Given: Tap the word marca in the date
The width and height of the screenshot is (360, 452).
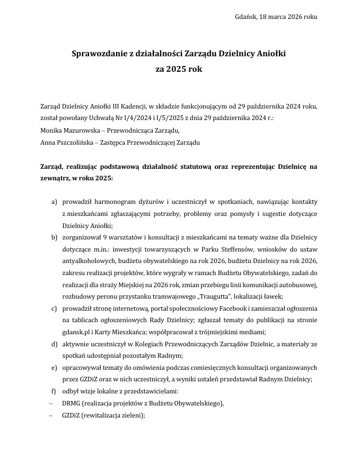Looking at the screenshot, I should point(282,17).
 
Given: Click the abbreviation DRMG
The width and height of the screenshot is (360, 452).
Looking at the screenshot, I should point(74,403).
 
